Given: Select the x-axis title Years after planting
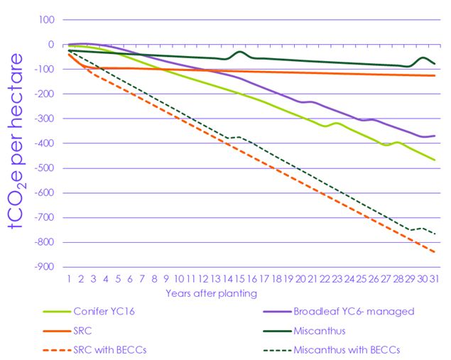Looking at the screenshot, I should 212,293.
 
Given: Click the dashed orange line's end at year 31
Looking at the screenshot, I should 434,252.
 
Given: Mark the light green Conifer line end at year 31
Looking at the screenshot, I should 434,160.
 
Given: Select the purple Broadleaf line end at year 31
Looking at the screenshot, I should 434,136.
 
